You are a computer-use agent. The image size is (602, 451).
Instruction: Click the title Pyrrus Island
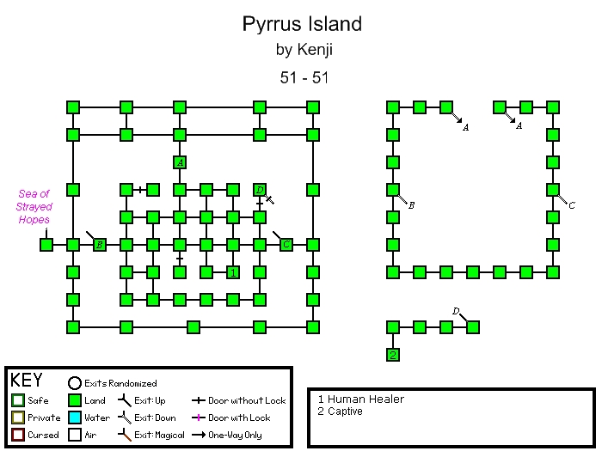pyautogui.click(x=302, y=23)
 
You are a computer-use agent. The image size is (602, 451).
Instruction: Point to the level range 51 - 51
pyautogui.click(x=303, y=77)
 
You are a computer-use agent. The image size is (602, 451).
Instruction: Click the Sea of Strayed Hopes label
pyautogui.click(x=34, y=207)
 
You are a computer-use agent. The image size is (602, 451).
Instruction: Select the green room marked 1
pyautogui.click(x=232, y=272)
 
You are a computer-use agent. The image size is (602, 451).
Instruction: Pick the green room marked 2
pyautogui.click(x=393, y=354)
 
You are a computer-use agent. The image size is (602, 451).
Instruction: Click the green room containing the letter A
pyautogui.click(x=180, y=162)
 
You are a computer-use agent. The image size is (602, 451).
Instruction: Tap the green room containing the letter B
pyautogui.click(x=100, y=245)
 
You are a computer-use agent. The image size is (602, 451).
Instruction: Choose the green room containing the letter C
pyautogui.click(x=286, y=245)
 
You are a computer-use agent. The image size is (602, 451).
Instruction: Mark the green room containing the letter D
pyautogui.click(x=260, y=190)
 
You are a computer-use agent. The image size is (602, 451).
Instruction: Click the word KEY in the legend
pyautogui.click(x=27, y=381)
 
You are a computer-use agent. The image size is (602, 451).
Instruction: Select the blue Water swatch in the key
pyautogui.click(x=74, y=417)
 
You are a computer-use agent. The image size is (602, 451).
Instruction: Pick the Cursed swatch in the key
pyautogui.click(x=17, y=435)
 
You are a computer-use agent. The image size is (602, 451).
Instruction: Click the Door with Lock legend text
pyautogui.click(x=238, y=417)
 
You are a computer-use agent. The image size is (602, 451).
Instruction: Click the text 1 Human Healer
pyautogui.click(x=360, y=399)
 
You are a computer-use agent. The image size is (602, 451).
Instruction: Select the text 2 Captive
pyautogui.click(x=340, y=411)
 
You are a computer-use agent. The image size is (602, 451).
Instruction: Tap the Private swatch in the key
pyautogui.click(x=17, y=417)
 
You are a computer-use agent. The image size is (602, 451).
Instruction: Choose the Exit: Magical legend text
pyautogui.click(x=157, y=435)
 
